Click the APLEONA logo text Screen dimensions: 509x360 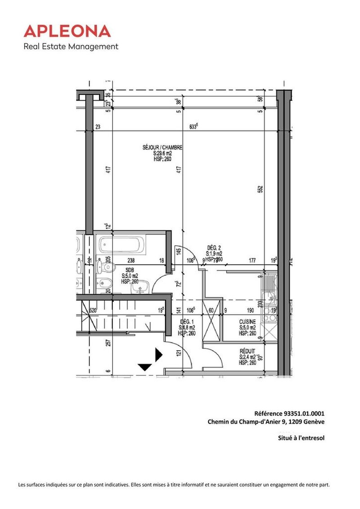pos(67,31)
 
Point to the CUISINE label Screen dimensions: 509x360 pos(247,322)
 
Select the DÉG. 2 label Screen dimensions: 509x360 pos(214,248)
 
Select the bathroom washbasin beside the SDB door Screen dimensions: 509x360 pos(143,287)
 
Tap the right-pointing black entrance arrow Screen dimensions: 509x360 pos(158,355)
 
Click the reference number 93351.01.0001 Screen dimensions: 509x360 pos(304,414)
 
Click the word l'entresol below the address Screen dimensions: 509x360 pos(311,437)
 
